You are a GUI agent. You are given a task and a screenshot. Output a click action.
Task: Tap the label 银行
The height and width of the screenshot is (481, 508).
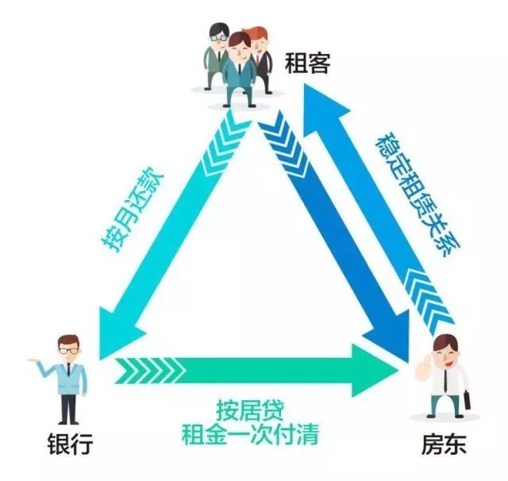pos(69,444)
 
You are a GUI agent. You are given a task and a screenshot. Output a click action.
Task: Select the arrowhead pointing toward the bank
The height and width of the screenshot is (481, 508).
pos(119,321)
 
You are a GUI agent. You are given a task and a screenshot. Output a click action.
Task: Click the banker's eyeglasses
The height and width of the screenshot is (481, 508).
pos(69,349)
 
